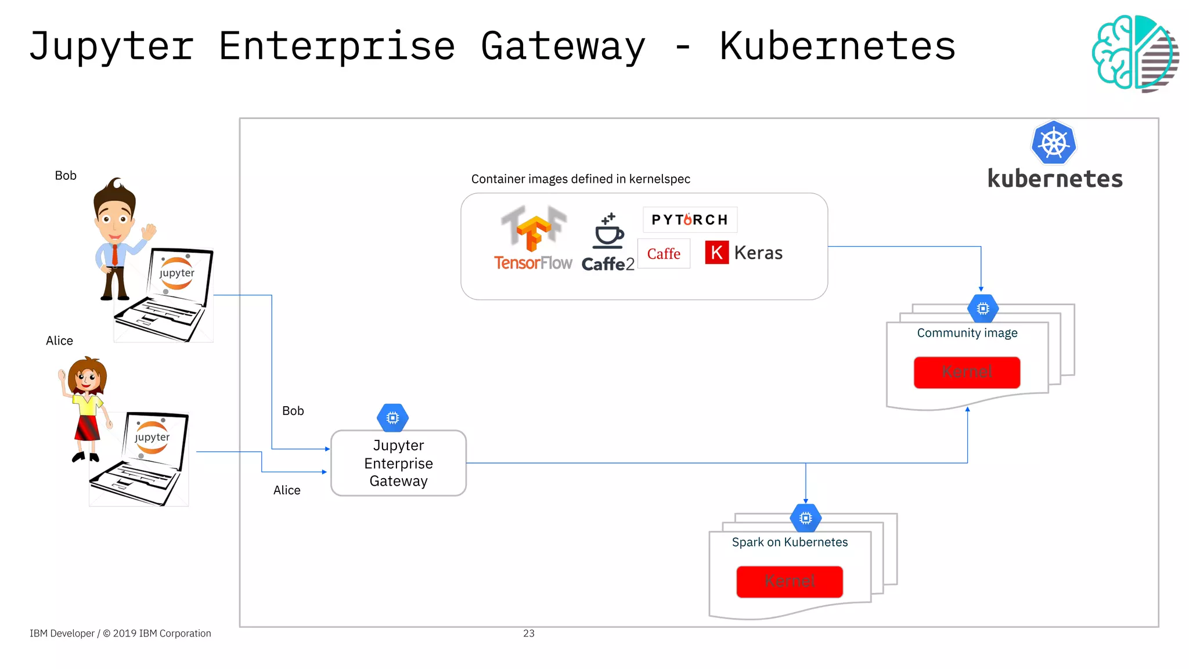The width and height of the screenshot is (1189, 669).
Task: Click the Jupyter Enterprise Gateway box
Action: click(x=398, y=463)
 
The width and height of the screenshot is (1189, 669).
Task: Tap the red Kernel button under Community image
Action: click(x=967, y=372)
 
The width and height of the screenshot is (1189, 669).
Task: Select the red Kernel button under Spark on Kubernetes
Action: click(x=790, y=581)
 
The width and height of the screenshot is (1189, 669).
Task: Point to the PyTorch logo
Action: click(x=690, y=220)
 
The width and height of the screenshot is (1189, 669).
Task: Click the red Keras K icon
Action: click(x=716, y=253)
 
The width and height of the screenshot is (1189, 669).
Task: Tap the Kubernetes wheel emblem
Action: click(x=1054, y=143)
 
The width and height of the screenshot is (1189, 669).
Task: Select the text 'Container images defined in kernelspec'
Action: click(x=581, y=179)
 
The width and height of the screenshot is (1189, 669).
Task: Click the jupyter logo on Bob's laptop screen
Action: click(x=177, y=273)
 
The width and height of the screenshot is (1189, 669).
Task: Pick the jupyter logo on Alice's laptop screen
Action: click(x=152, y=437)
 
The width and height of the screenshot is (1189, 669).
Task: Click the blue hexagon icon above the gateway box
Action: click(x=392, y=418)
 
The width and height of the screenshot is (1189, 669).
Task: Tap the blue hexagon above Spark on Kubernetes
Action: click(x=805, y=518)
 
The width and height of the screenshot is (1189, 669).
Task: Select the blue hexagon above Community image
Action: click(x=982, y=309)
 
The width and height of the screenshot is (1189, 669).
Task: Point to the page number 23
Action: click(x=528, y=634)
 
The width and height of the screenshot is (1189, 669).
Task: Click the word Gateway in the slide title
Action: click(x=563, y=46)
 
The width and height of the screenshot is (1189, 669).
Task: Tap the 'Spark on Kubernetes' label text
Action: click(x=790, y=543)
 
